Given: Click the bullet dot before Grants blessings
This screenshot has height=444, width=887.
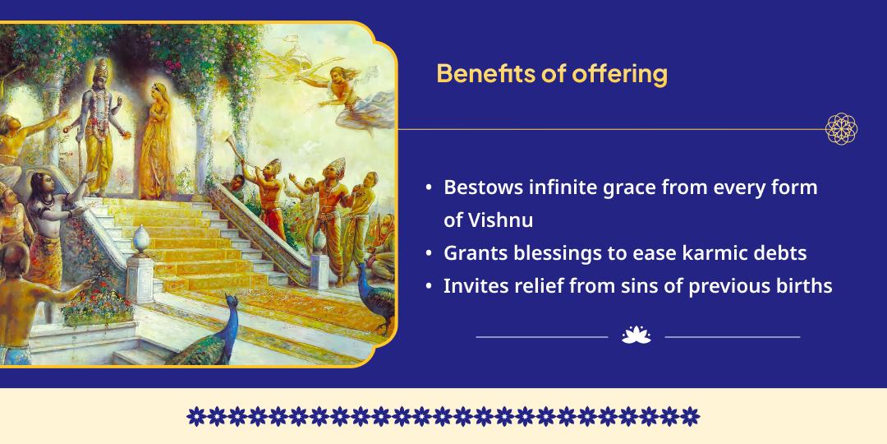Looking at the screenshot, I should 429,254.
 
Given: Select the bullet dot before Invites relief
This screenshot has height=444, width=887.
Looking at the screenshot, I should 429,287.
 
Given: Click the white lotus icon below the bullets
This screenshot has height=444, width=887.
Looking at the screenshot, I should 637,335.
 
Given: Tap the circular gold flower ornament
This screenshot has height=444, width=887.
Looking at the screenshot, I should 841,129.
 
